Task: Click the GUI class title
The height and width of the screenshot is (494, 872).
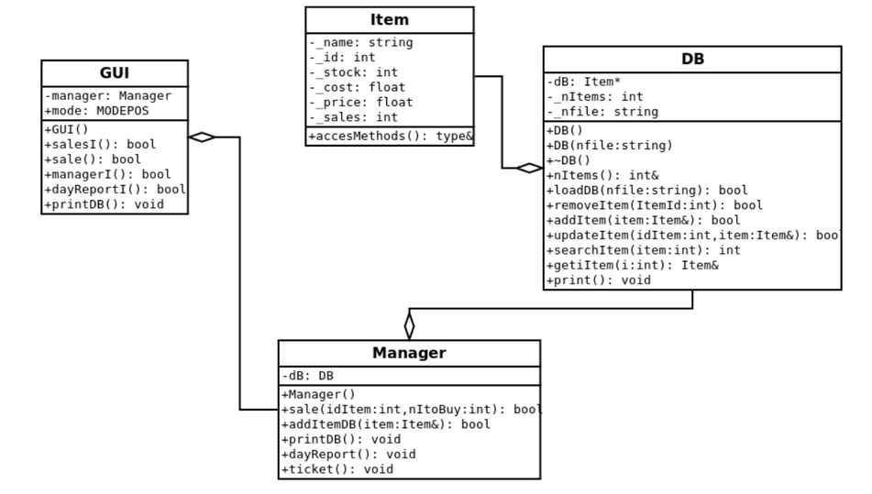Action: [114, 73]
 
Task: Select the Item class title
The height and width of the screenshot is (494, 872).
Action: [390, 19]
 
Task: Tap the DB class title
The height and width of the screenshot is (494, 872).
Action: [692, 60]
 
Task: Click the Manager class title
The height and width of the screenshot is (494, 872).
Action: [409, 353]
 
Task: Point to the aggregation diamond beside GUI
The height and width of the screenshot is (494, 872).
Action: [202, 137]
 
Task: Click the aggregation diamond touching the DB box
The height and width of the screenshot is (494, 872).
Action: [529, 168]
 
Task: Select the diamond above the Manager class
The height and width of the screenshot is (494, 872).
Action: [409, 324]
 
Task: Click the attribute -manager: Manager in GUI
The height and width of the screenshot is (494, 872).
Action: [107, 95]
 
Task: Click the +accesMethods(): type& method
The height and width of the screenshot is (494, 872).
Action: [391, 137]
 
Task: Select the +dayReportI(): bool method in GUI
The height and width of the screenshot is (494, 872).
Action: [115, 190]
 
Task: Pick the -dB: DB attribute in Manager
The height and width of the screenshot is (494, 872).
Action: [307, 376]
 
